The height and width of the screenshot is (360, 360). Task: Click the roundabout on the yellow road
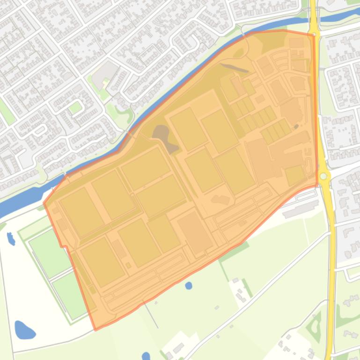(323, 176)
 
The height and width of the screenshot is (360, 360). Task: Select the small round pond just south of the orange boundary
(188, 285)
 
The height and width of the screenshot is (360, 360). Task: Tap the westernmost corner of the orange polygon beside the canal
(44, 202)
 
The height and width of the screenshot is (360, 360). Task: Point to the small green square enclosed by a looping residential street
(75, 108)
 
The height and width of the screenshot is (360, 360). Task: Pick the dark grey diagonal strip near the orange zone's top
(234, 68)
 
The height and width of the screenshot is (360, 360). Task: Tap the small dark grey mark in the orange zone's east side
(296, 126)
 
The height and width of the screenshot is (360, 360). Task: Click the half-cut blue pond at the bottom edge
(146, 356)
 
